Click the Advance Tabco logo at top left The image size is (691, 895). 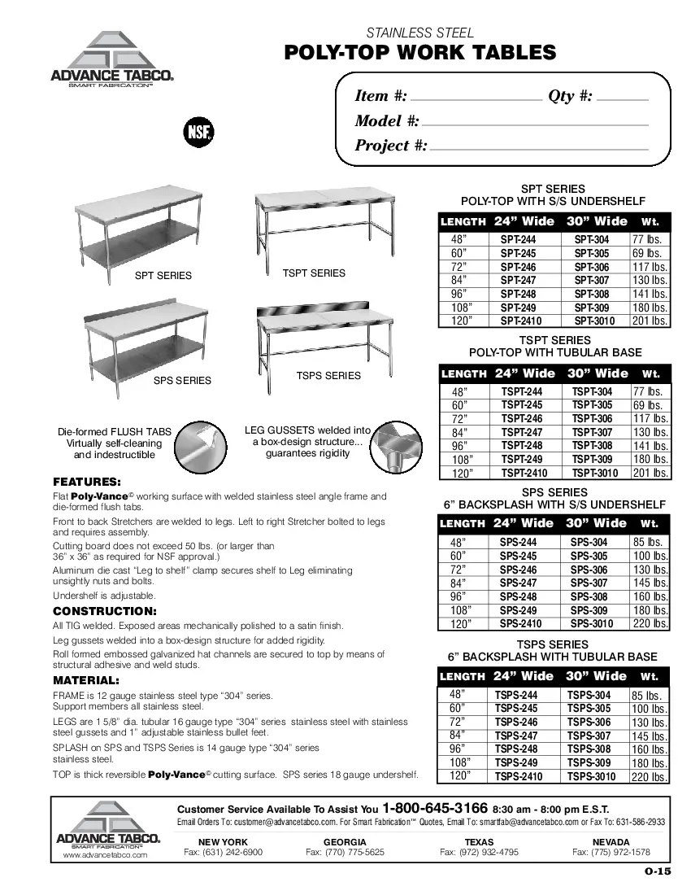[111, 60]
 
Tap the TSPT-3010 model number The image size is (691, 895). [592, 474]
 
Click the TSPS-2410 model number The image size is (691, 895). [518, 777]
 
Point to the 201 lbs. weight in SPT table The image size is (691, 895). [650, 321]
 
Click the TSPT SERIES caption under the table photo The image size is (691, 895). [314, 273]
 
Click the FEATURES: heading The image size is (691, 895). [87, 482]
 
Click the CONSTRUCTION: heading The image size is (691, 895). [104, 611]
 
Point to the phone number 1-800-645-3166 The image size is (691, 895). [435, 809]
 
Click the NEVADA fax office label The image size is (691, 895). [611, 841]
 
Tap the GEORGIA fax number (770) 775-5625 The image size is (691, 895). [345, 853]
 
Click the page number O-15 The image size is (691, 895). [658, 872]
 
